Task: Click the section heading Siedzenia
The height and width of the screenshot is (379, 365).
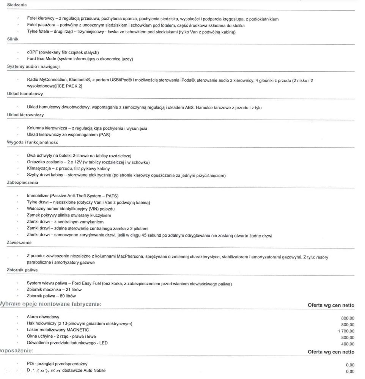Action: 17,5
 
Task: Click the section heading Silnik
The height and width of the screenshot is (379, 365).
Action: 13,39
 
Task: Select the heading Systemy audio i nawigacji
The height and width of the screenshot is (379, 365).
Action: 33,66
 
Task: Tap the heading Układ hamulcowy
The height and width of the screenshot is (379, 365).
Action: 25,94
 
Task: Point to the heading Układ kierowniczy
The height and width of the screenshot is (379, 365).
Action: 25,115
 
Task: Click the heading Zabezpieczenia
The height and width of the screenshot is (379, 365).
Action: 23,182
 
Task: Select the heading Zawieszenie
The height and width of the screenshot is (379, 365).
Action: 19,242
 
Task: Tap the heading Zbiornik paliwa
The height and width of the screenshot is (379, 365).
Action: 22,270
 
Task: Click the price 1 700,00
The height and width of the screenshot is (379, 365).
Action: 346,331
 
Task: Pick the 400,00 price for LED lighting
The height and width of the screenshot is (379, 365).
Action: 348,344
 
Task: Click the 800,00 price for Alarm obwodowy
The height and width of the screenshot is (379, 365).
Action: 348,318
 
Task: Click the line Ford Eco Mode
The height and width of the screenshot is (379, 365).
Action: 80,59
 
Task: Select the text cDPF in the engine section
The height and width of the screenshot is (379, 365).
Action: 32,52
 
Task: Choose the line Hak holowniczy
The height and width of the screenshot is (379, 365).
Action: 79,324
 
